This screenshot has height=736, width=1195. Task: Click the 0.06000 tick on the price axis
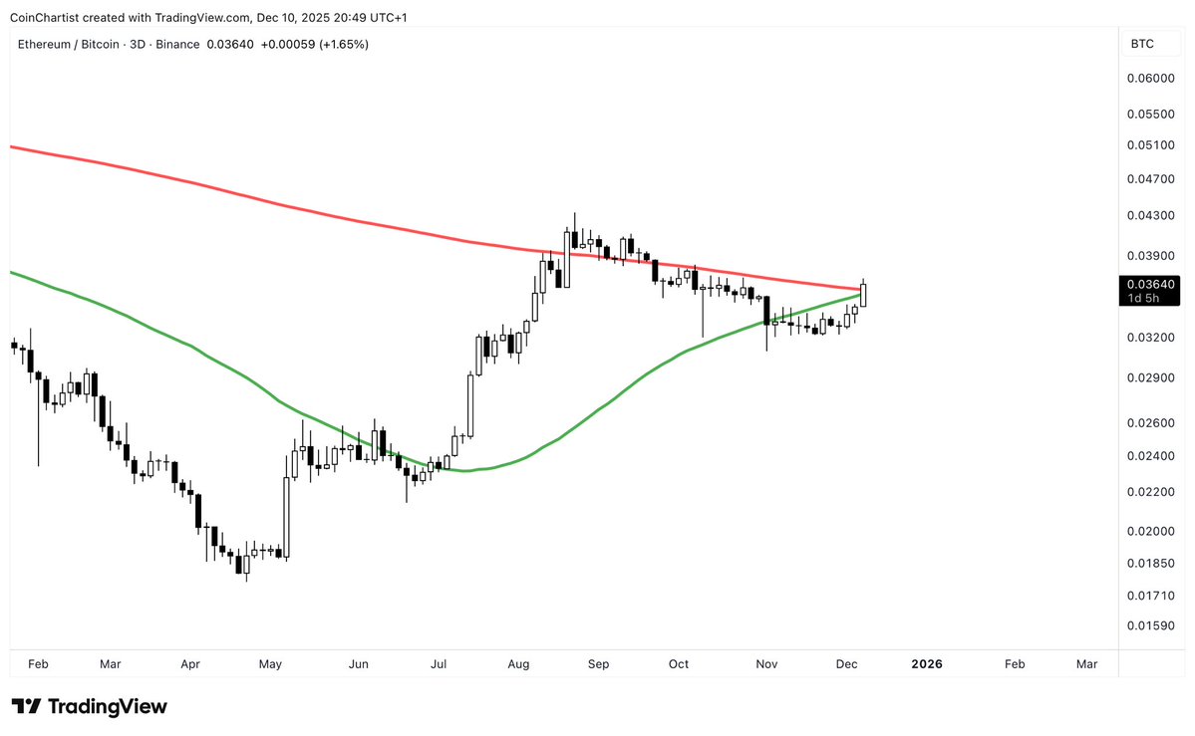[1150, 78]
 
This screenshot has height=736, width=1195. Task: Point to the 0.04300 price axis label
[1150, 215]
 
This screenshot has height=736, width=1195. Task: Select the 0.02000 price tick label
[1150, 531]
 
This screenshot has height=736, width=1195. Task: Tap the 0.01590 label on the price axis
[1150, 625]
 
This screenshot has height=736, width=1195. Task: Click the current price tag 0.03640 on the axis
[1150, 284]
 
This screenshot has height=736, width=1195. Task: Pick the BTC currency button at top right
[1142, 44]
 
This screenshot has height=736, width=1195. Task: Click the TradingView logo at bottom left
[90, 706]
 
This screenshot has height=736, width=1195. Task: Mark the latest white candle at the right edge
[863, 295]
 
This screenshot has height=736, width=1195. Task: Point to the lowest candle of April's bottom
[246, 565]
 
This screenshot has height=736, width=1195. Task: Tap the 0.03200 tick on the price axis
[1150, 338]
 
